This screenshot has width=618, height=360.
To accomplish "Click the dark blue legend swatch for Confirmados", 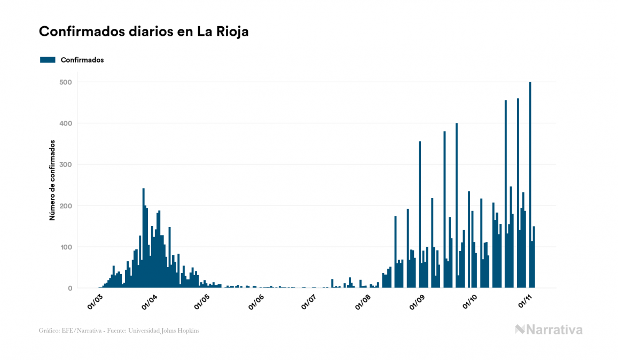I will click(x=48, y=60).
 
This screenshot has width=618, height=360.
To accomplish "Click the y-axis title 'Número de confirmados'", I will click(x=52, y=180).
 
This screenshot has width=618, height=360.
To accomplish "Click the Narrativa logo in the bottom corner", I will click(x=549, y=330).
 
